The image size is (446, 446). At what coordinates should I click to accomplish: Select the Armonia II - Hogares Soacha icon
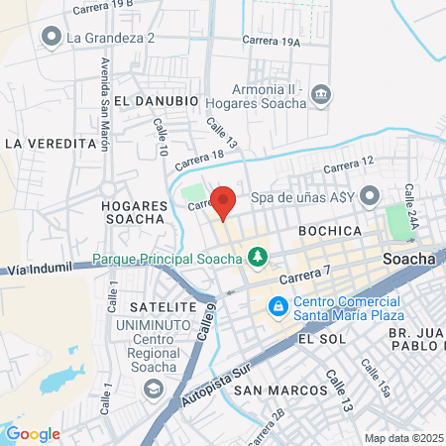321,95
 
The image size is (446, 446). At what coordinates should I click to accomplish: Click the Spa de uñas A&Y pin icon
370,197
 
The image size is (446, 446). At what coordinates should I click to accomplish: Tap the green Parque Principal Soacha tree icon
259,259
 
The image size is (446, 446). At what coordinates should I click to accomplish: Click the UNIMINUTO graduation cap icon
153,386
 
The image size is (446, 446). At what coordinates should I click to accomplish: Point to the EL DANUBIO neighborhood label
157,101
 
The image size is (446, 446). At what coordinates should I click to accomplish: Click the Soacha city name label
409,259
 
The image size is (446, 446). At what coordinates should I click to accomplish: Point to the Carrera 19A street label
276,43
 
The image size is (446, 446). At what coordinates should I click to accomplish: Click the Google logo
33,434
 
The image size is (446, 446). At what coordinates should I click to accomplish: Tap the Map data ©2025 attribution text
402,437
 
